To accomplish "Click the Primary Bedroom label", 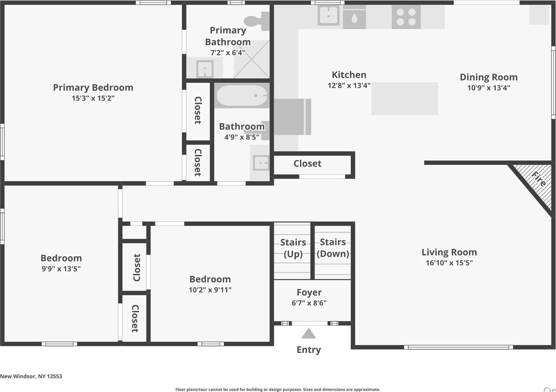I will tap(93, 87).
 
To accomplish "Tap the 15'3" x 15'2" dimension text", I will tap(93, 98).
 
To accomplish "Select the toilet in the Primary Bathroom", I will tap(257, 21).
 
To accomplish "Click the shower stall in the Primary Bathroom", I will tap(251, 59).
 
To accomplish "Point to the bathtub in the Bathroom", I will tap(242, 95).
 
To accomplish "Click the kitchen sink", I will tap(329, 15).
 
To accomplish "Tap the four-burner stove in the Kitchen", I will tap(406, 17).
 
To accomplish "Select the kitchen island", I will tap(405, 98).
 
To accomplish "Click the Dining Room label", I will tap(489, 77).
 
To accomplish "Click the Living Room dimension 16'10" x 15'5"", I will tap(449, 263).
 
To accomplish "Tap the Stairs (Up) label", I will tap(293, 248).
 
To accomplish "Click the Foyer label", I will tap(309, 292).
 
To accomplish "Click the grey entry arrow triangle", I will tap(308, 334).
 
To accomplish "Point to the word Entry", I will tap(308, 350).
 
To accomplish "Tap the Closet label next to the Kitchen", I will tap(307, 164).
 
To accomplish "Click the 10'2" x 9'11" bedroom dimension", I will tap(210, 290).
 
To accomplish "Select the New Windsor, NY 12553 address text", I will tap(31, 376).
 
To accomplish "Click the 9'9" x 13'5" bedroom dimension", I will tap(61, 268).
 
